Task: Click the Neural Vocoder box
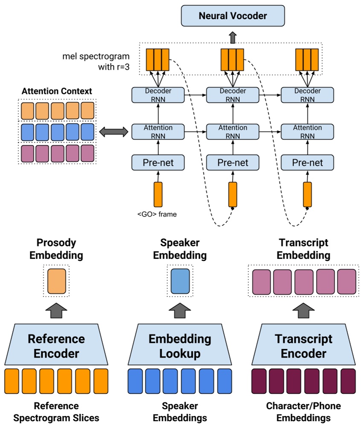(x=233, y=16)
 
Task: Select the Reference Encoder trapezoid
(x=56, y=346)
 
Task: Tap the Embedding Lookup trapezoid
(x=180, y=346)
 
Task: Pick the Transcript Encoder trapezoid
(x=303, y=346)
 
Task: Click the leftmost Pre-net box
(x=158, y=162)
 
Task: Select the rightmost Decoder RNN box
(x=307, y=95)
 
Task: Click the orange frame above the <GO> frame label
(x=158, y=194)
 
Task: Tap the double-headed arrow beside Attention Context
(x=114, y=132)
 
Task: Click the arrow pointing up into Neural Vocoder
(x=233, y=38)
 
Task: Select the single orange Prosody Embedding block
(x=57, y=281)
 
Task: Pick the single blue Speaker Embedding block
(x=180, y=281)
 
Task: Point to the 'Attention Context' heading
(x=57, y=91)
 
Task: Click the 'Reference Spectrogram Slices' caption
(x=56, y=412)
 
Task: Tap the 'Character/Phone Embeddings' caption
(x=303, y=412)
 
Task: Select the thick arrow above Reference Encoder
(x=57, y=311)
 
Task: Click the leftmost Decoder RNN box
(x=158, y=95)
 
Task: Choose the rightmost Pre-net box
(x=307, y=162)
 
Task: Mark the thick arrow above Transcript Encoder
(x=303, y=311)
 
